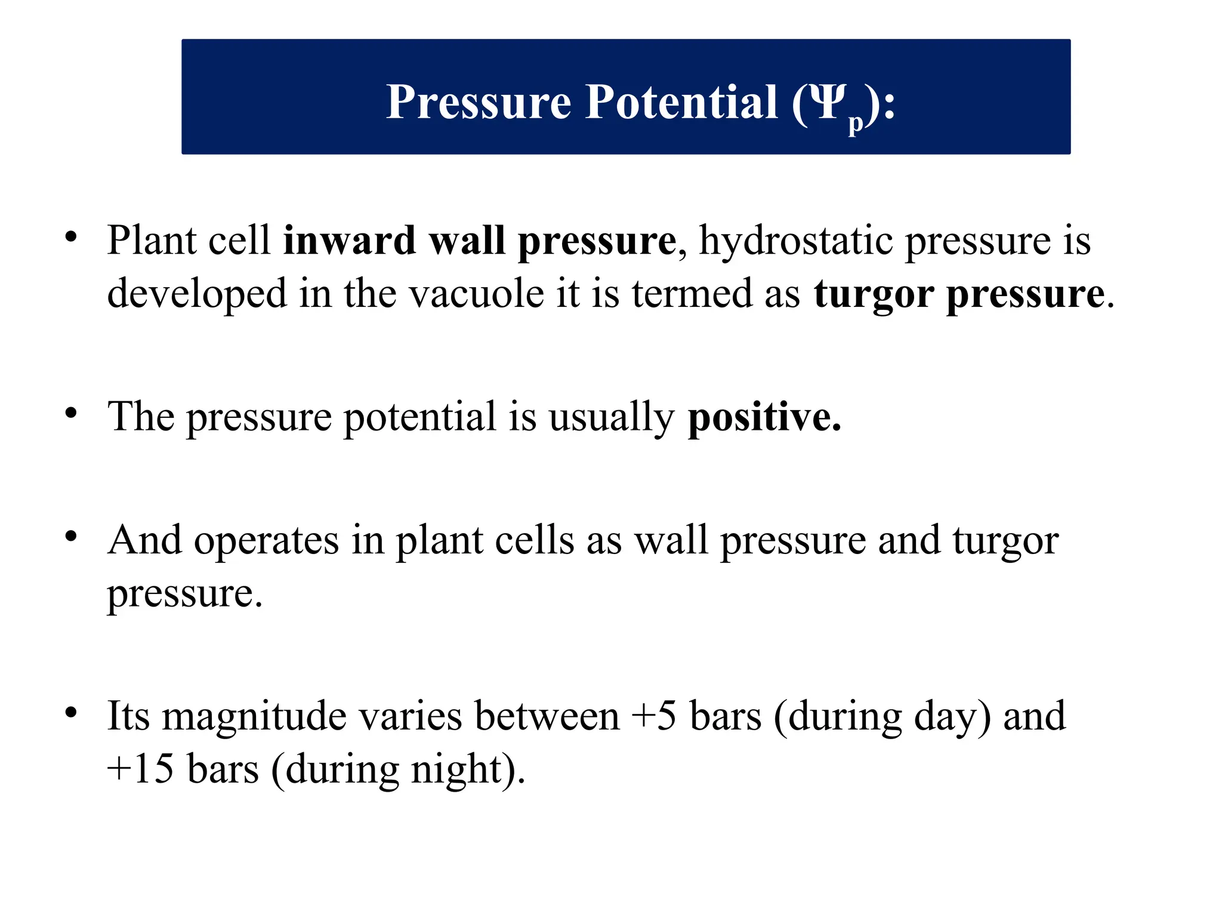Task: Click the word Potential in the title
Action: [x=681, y=102]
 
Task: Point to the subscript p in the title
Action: [x=856, y=122]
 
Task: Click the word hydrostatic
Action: [x=795, y=242]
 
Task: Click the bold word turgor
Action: [x=874, y=295]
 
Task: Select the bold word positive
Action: [x=764, y=417]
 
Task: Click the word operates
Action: [x=266, y=541]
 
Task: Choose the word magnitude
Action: [x=254, y=716]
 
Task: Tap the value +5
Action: [x=654, y=716]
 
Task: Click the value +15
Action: [x=140, y=769]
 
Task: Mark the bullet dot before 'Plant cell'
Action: [x=71, y=237]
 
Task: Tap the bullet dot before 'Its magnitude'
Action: [x=71, y=712]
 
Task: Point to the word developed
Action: [x=197, y=295]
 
